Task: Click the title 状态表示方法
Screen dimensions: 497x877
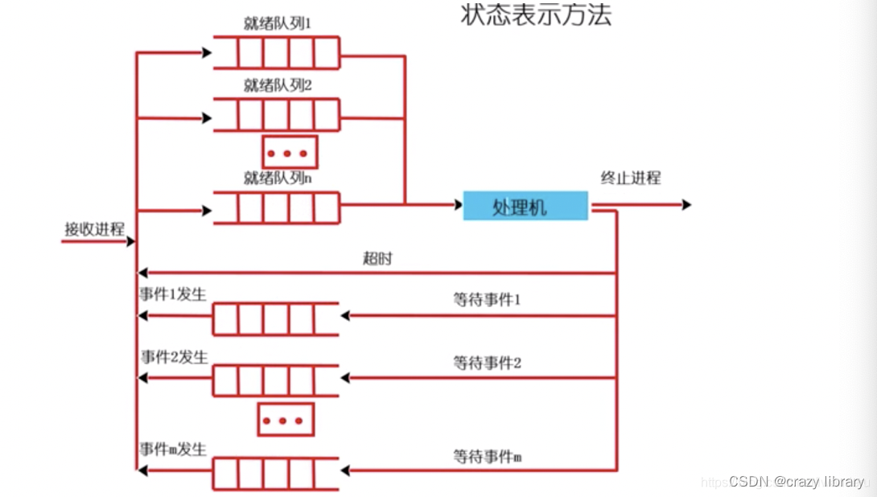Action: [536, 15]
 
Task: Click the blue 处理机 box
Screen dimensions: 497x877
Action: [525, 207]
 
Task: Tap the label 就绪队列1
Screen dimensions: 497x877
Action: [278, 23]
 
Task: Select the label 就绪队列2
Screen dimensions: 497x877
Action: [278, 85]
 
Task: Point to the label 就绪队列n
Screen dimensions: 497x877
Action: [278, 178]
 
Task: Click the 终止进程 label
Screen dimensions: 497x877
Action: [631, 178]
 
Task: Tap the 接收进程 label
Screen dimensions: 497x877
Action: [95, 228]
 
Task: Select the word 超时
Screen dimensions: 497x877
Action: [377, 260]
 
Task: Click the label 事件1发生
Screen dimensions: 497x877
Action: [173, 294]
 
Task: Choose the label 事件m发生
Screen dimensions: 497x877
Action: [173, 450]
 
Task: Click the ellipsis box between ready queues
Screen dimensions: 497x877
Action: [290, 152]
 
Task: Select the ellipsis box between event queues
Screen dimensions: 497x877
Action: [286, 420]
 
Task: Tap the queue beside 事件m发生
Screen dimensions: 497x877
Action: [276, 474]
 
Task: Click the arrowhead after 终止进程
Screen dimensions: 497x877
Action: [686, 205]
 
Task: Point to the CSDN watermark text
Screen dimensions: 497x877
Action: [796, 482]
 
